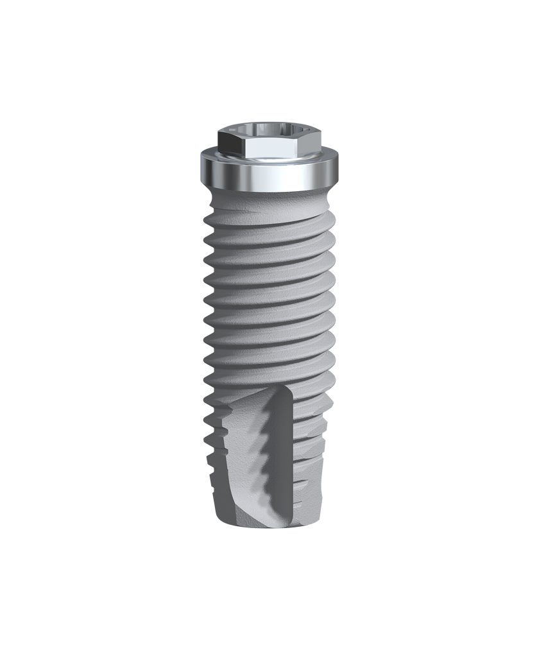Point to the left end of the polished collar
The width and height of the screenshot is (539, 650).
[204, 168]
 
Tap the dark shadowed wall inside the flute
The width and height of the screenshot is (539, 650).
[289, 462]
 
